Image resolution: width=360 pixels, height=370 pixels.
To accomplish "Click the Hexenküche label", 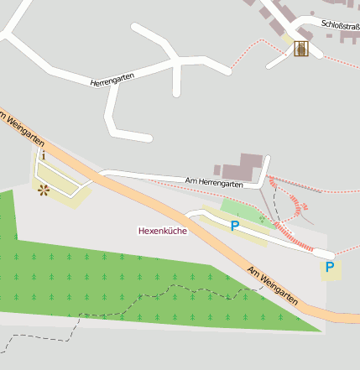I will (162, 230).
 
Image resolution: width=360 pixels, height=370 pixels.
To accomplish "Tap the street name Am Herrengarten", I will (215, 182).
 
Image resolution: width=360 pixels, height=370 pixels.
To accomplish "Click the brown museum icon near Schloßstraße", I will (300, 50).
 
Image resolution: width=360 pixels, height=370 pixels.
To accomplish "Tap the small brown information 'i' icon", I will (43, 155).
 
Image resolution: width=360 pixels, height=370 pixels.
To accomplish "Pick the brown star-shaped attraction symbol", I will (43, 190).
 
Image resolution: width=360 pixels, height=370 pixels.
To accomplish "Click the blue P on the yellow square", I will (330, 268).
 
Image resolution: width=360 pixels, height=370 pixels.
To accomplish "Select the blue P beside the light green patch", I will (235, 226).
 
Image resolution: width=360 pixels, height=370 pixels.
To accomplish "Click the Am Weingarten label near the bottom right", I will (274, 286).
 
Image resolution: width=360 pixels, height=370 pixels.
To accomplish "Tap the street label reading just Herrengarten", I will (112, 79).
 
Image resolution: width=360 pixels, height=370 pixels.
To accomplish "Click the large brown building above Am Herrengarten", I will (251, 165).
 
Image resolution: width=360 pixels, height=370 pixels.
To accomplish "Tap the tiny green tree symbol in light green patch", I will (261, 220).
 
